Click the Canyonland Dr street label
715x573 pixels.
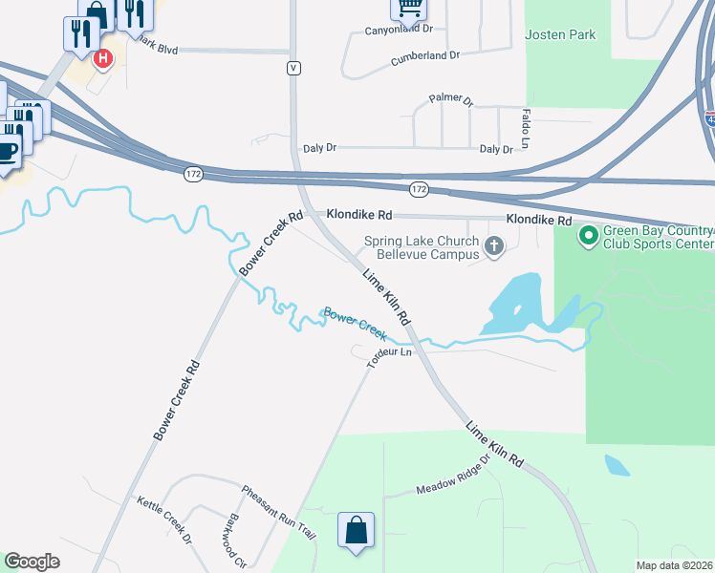(400, 30)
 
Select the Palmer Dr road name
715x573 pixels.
(451, 98)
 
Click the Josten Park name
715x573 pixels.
(560, 35)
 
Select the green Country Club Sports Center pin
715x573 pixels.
(589, 234)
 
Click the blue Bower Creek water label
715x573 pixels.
(354, 323)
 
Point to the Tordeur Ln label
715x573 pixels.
(389, 358)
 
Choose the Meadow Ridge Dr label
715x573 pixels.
(453, 475)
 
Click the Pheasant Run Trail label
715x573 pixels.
(278, 513)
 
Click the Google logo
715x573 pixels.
(32, 562)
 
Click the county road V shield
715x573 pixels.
(293, 68)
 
